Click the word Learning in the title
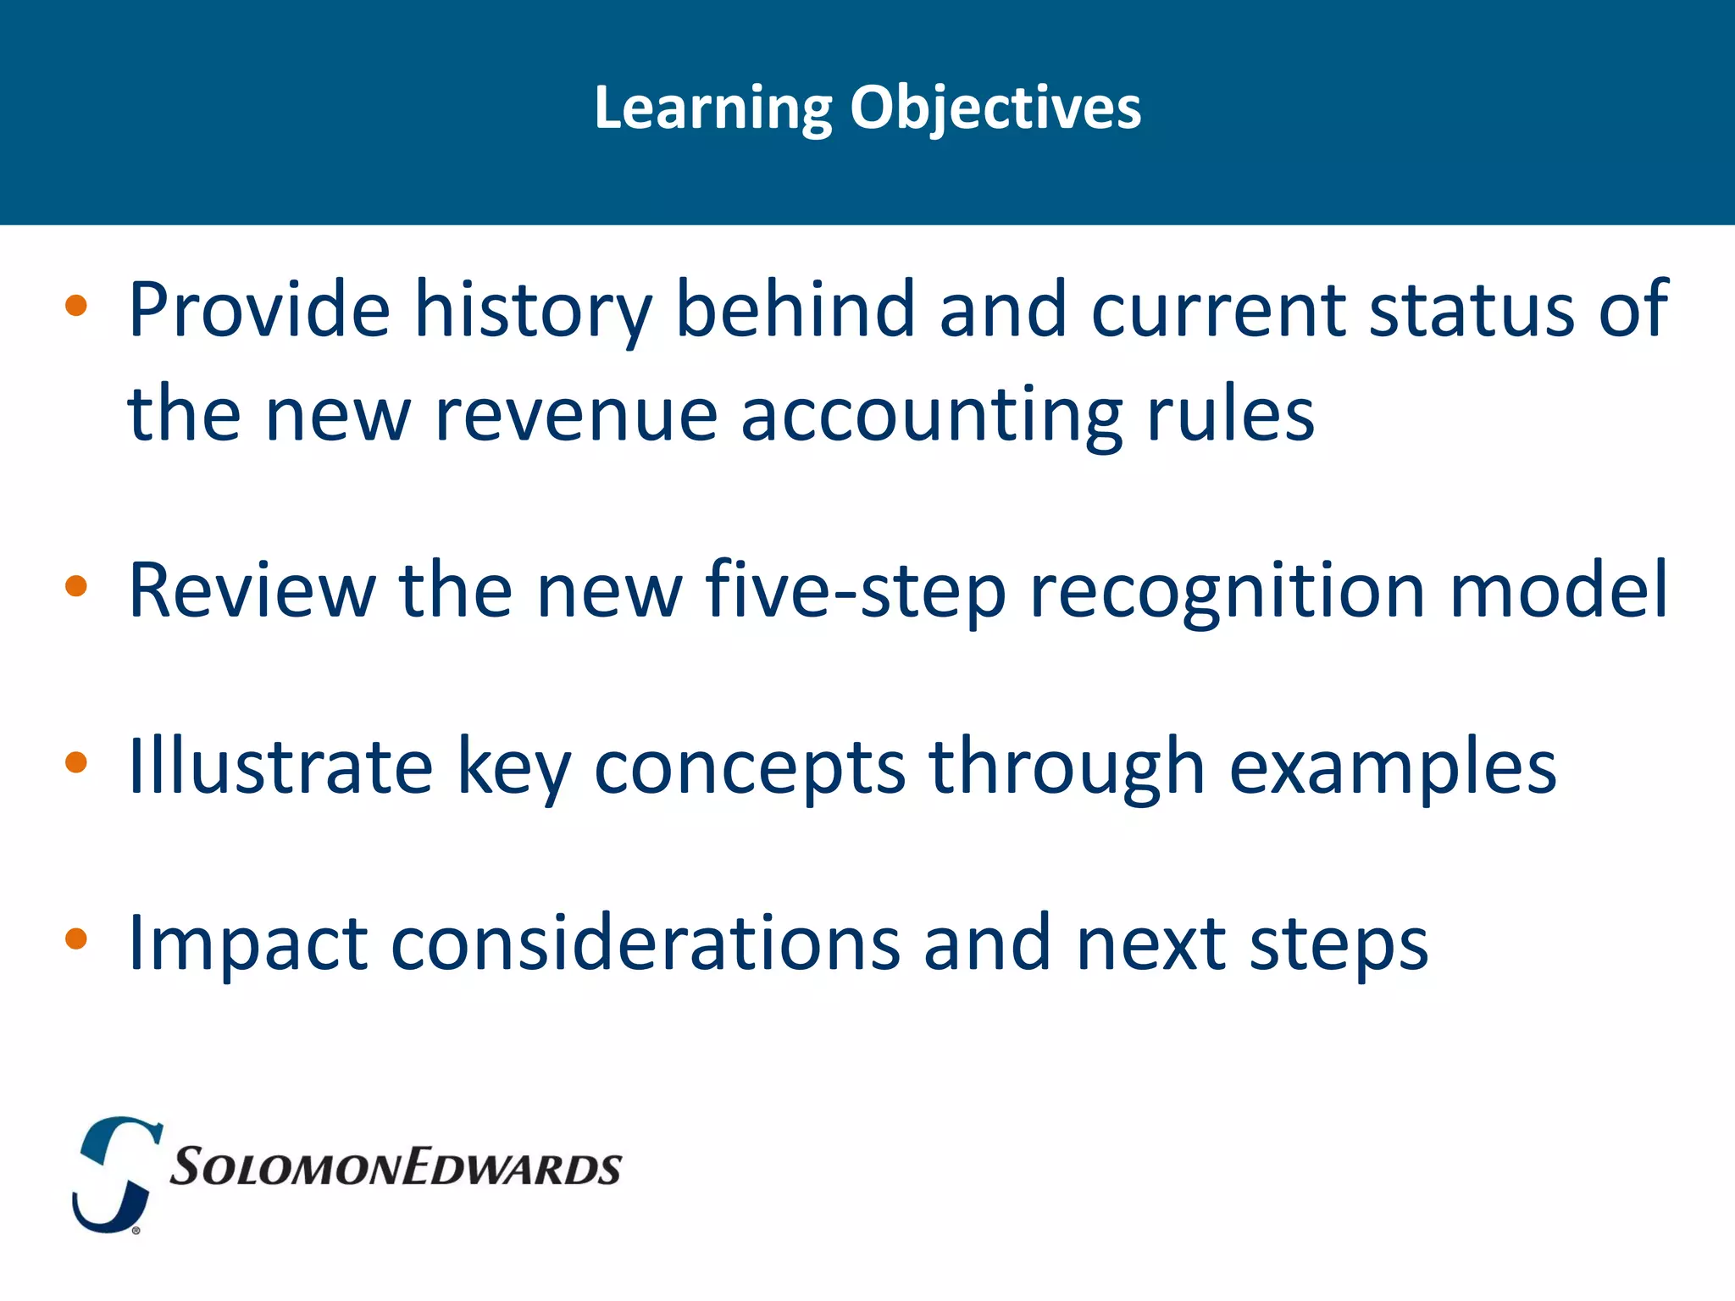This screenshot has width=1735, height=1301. point(713,108)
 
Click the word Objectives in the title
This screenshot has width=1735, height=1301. point(995,108)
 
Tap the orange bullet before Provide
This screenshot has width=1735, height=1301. point(76,305)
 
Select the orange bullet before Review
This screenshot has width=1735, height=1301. point(76,586)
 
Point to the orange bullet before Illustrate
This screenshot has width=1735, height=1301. point(76,762)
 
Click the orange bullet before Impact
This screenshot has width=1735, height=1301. point(76,938)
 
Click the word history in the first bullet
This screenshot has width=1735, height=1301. point(533,310)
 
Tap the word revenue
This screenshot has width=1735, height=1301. point(576,415)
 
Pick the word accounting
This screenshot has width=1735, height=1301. point(931,415)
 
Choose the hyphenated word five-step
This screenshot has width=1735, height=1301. point(855,590)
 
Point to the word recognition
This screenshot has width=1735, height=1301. point(1228,590)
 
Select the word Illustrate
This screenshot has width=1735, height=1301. point(280,767)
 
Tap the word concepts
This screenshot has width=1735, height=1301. point(750,767)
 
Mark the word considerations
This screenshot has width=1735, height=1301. point(645,943)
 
